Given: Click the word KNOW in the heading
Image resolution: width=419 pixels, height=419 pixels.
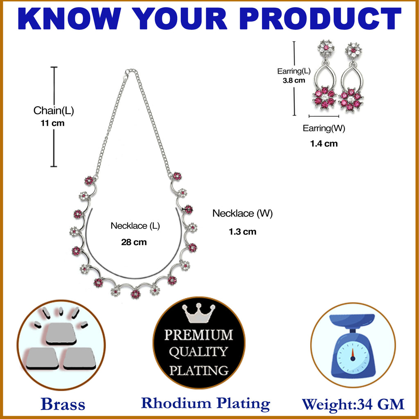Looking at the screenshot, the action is click(x=70, y=18).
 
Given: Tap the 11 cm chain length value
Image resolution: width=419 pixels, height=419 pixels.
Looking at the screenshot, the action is click(x=53, y=123).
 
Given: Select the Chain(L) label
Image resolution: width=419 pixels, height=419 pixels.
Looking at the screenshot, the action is click(x=54, y=110).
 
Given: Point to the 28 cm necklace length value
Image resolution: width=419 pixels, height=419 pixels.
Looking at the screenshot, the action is click(x=134, y=242).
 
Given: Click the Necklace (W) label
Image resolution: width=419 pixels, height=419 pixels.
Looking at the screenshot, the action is click(x=242, y=214).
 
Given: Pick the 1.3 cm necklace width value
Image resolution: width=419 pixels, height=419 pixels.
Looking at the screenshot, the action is click(x=242, y=232).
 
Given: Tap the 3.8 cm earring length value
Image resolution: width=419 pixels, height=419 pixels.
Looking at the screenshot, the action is click(x=294, y=81).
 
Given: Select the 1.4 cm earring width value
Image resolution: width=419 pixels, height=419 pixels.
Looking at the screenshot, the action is click(x=324, y=144).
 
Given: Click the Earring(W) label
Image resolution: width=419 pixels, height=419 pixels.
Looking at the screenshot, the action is click(x=324, y=128).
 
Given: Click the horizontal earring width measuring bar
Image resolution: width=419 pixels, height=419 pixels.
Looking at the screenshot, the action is click(x=324, y=116).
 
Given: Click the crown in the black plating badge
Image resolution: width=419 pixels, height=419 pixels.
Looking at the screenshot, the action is click(x=198, y=313).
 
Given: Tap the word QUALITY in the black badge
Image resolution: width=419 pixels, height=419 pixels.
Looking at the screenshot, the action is click(x=198, y=352).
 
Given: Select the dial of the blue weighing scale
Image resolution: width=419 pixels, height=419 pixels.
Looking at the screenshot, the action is click(x=353, y=357).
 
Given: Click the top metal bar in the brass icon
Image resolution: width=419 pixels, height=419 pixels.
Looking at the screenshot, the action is click(x=61, y=333).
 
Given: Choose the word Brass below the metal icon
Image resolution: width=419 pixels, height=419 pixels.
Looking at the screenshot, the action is click(x=63, y=404).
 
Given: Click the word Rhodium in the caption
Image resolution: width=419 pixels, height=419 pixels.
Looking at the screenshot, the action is click(x=176, y=403).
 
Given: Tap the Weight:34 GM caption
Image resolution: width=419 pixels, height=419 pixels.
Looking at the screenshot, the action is click(x=353, y=404).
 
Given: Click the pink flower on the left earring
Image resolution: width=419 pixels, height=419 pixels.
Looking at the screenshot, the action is click(x=324, y=98).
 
